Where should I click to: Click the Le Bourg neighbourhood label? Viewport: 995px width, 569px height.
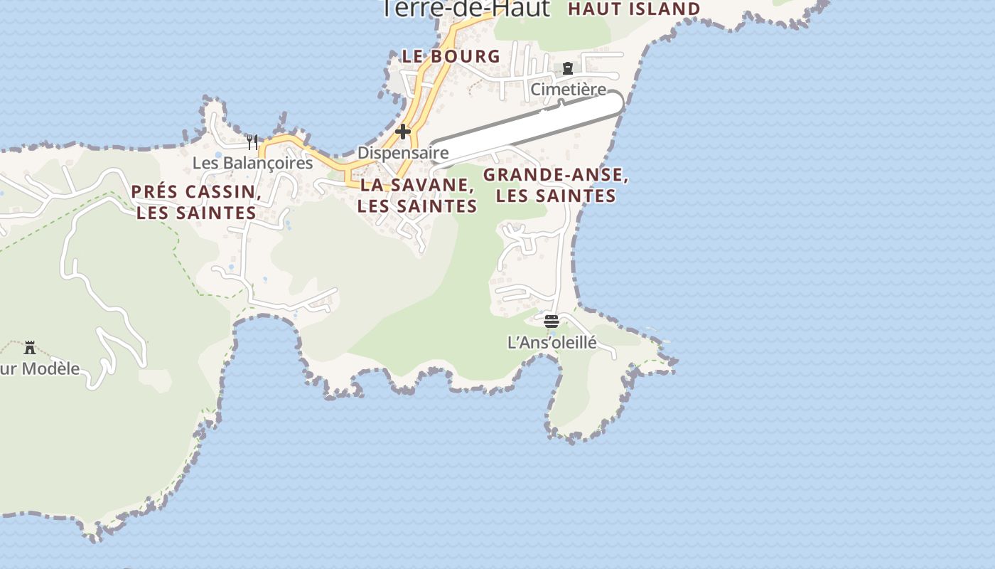451,56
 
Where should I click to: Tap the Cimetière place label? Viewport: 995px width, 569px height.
568,90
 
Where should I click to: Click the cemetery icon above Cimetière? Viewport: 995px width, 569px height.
568,68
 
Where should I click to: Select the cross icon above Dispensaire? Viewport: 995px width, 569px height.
403,132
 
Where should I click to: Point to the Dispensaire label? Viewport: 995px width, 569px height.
403,152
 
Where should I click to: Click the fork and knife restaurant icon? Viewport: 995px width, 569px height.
252,142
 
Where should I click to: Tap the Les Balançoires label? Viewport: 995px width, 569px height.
252,163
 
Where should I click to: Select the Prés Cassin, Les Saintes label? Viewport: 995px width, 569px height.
196,202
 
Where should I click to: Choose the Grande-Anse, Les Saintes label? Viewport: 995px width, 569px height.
556,185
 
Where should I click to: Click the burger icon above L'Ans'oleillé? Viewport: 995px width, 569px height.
552,321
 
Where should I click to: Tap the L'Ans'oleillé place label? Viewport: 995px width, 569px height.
552,342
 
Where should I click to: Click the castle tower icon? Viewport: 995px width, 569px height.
30,348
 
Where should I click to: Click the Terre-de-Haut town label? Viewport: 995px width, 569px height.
466,9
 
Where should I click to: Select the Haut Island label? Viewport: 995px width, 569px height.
634,9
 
